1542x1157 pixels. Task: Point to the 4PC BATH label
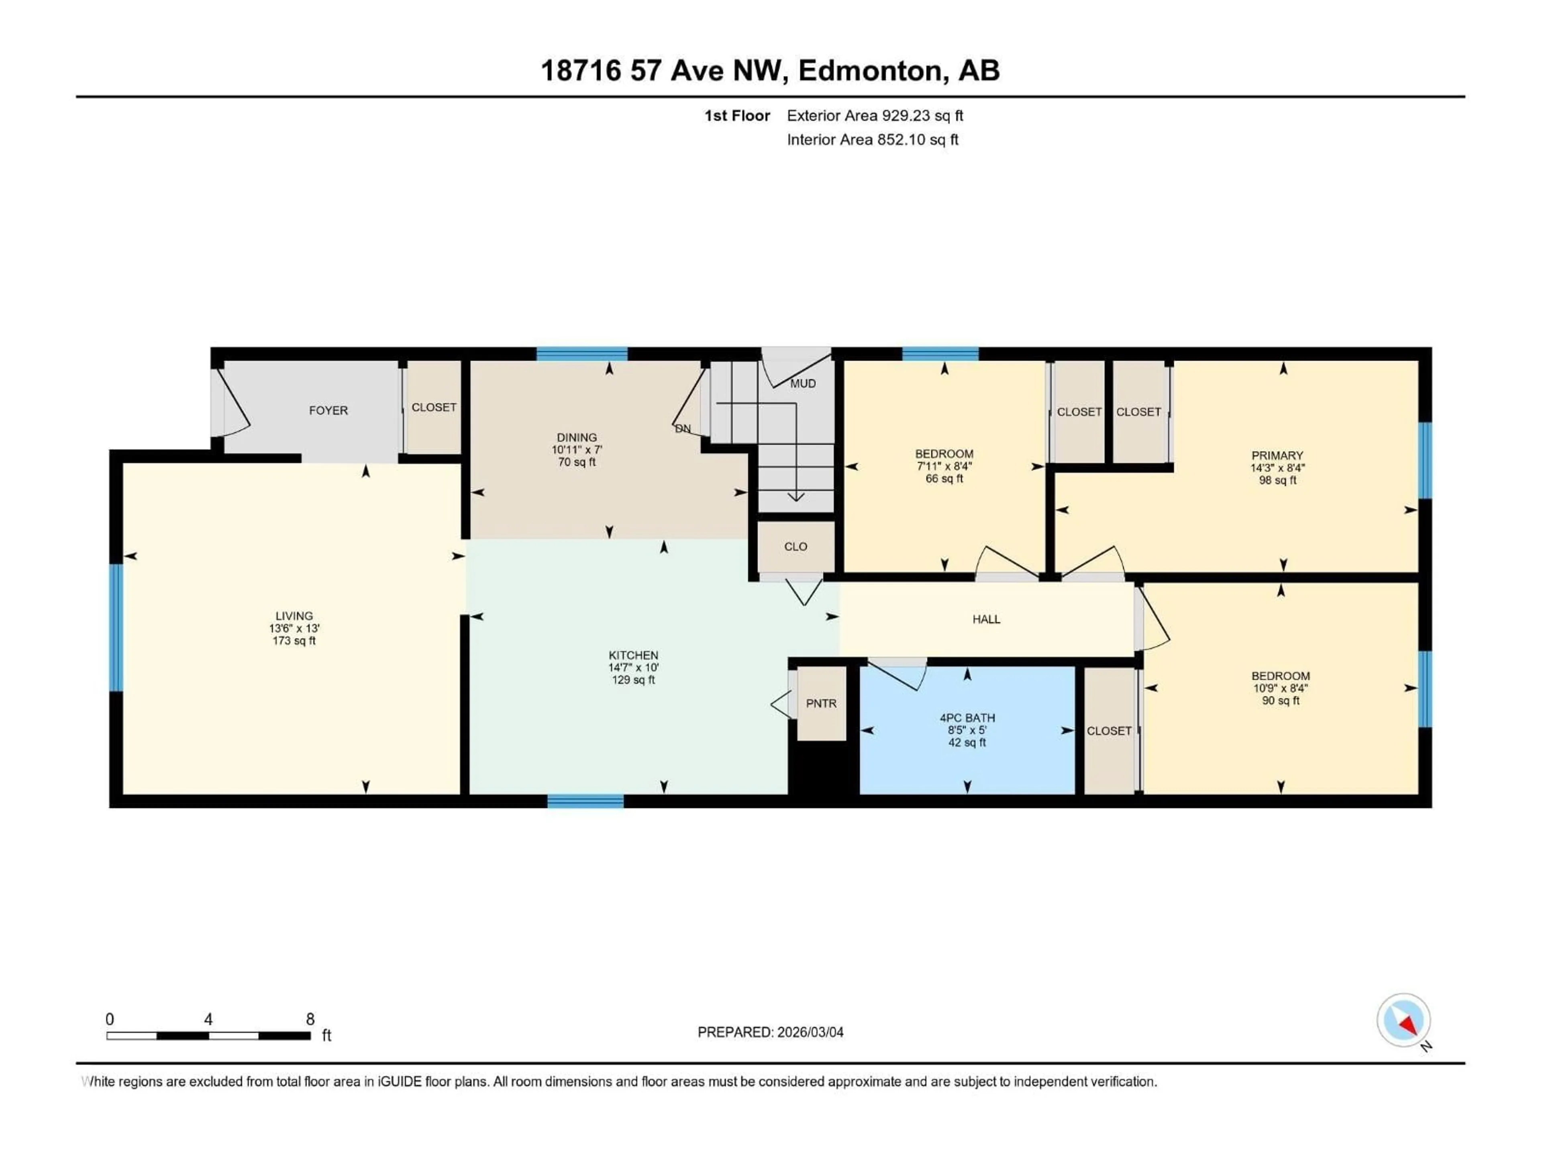[967, 718]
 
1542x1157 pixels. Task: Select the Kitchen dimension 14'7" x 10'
[633, 667]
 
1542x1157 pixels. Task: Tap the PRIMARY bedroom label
[1277, 456]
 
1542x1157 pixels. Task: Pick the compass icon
[1403, 1020]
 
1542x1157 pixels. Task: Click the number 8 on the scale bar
[310, 1019]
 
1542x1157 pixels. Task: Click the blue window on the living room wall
[116, 627]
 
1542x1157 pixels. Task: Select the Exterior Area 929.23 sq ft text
[875, 116]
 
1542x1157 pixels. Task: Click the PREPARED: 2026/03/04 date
[770, 1032]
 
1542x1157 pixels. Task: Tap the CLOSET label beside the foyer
[434, 407]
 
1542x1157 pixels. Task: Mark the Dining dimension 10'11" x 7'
[577, 450]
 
